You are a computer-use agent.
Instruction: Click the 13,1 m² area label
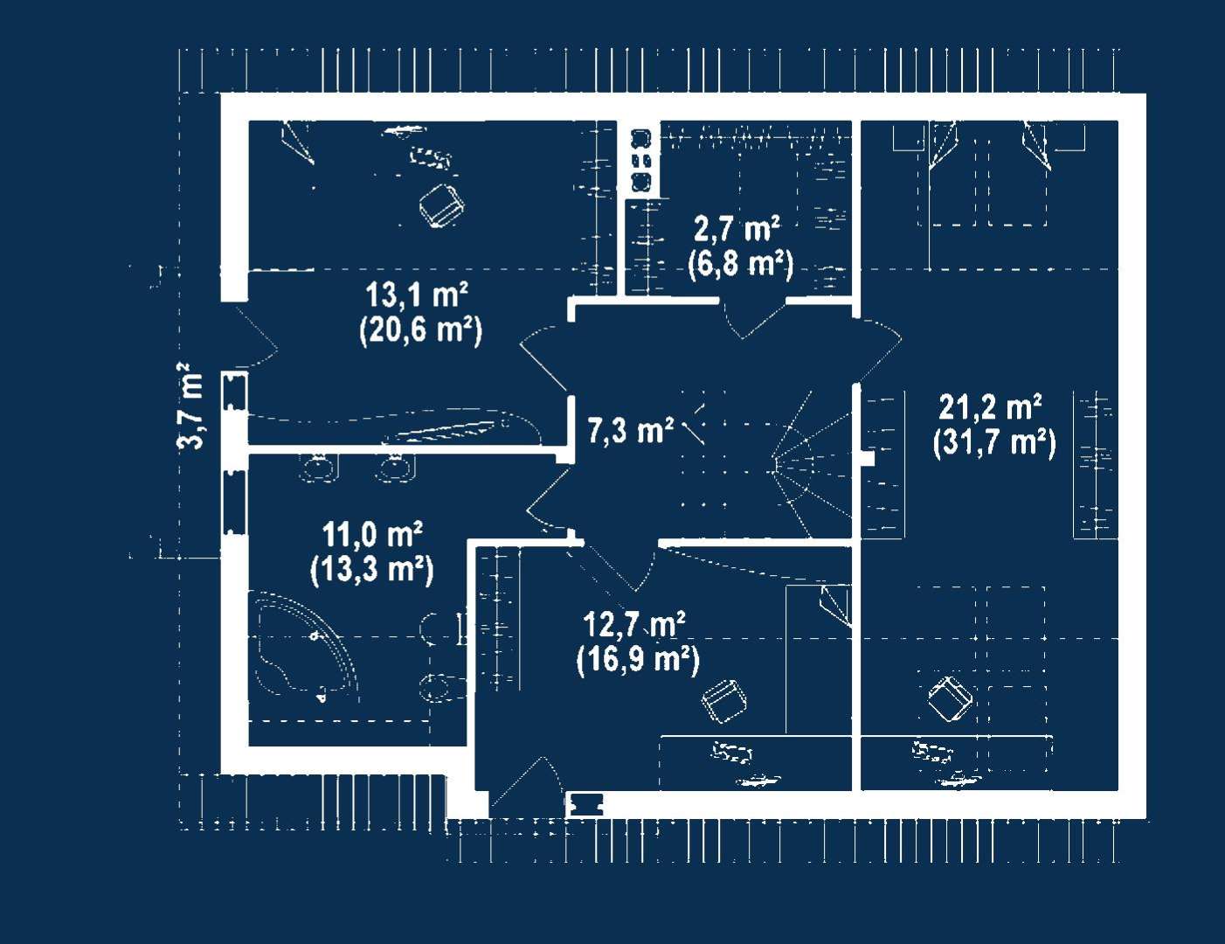(x=417, y=295)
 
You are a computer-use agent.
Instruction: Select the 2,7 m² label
(x=737, y=229)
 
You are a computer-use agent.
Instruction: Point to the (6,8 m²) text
(x=740, y=263)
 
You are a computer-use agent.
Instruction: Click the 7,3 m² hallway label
(x=630, y=430)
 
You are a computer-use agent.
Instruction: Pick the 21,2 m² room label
(x=990, y=407)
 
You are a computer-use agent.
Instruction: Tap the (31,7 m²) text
(x=994, y=442)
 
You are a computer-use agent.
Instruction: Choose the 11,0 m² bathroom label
(x=372, y=533)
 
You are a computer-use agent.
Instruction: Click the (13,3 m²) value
(x=371, y=569)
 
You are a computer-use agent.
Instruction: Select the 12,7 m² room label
(x=633, y=625)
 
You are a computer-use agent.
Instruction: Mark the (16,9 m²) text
(x=638, y=659)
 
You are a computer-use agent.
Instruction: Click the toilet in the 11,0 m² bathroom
(x=441, y=687)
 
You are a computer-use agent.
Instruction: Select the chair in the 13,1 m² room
(x=441, y=205)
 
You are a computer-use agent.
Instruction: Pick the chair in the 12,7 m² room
(x=723, y=700)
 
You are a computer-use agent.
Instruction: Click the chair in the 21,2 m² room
(x=950, y=698)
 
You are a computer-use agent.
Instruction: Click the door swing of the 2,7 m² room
(x=751, y=319)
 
